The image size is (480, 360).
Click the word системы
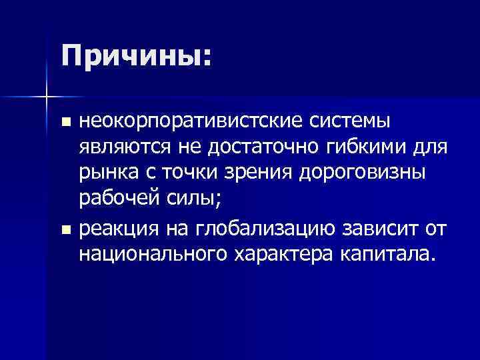pos(349,122)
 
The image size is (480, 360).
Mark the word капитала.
pos(389,253)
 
